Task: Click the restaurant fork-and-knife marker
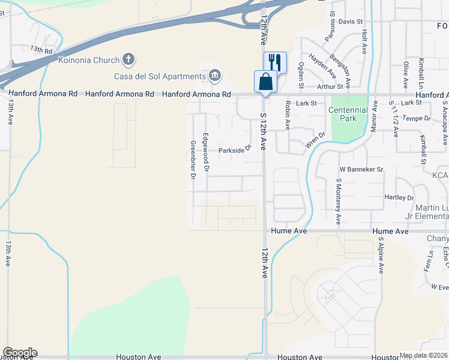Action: coord(275,62)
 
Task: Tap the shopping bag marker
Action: coord(265,81)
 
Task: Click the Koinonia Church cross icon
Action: coord(128,59)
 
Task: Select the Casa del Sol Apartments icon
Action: coord(214,76)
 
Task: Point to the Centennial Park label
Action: coord(348,114)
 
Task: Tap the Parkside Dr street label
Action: coord(234,150)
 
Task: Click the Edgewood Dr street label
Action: coord(206,154)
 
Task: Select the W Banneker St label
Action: coord(361,170)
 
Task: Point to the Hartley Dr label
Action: coord(399,197)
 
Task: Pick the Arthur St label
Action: coord(330,86)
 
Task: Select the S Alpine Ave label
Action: coord(380,255)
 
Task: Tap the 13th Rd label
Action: coord(42,50)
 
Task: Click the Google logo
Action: coord(20,353)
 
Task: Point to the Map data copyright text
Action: coord(424,355)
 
